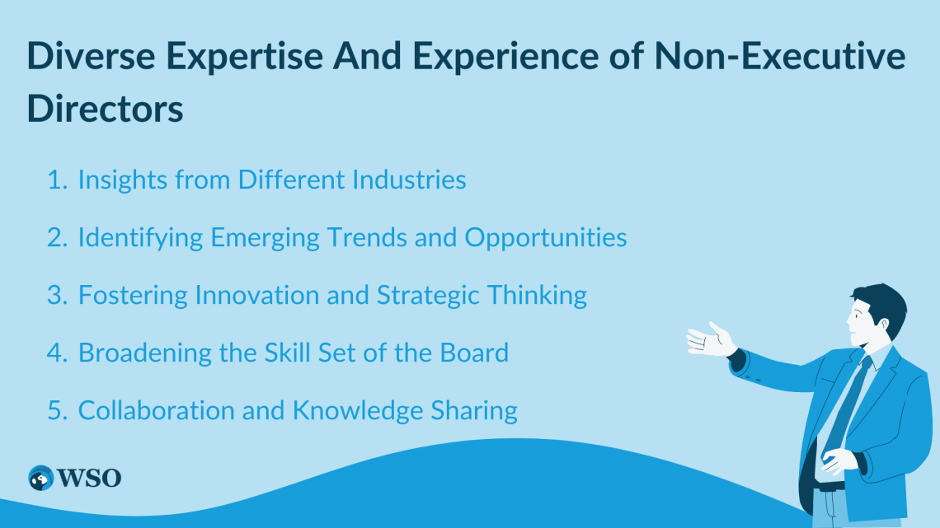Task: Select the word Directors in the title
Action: [x=105, y=108]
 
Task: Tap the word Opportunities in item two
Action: [x=545, y=237]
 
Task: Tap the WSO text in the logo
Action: [x=90, y=479]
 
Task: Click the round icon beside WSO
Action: [x=40, y=479]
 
